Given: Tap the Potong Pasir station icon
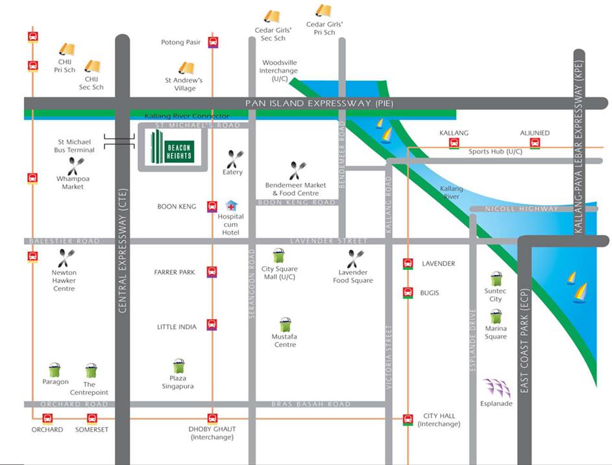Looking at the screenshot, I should (212, 43).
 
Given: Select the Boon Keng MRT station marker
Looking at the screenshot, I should (212, 207).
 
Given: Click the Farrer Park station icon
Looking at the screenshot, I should (212, 272).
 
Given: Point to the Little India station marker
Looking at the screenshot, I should (212, 325).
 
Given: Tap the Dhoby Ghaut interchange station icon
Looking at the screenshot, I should (212, 418).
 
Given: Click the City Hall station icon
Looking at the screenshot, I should (408, 419).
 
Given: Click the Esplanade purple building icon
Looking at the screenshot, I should (496, 388).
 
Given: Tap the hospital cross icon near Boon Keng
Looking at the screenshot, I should (230, 206).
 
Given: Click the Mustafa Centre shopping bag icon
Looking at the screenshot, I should (285, 325).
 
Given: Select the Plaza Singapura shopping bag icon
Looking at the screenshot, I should (178, 366).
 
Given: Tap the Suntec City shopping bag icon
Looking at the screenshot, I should (496, 280).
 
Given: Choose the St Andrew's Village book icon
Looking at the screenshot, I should (186, 68).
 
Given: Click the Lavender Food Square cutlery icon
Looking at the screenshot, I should (354, 259).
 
